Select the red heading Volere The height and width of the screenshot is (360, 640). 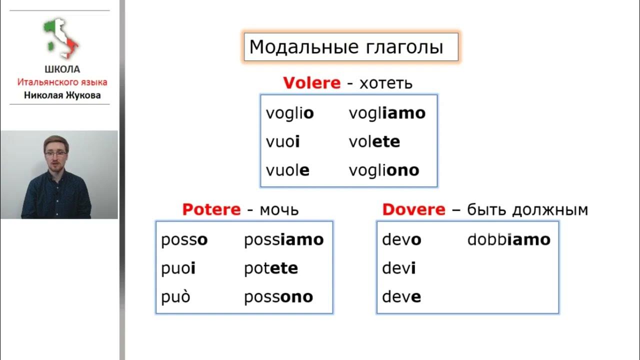pyautogui.click(x=311, y=83)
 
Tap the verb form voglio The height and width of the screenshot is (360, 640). pyautogui.click(x=290, y=113)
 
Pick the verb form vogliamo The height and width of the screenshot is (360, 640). pyautogui.click(x=387, y=113)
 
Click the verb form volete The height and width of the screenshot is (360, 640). pyautogui.click(x=374, y=142)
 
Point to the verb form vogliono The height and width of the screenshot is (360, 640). pyautogui.click(x=384, y=170)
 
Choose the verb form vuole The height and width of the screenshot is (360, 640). pyautogui.click(x=287, y=170)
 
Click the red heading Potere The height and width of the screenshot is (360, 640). pyautogui.click(x=211, y=209)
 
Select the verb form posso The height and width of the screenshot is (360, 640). pyautogui.click(x=184, y=240)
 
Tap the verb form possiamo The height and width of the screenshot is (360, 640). pyautogui.click(x=283, y=240)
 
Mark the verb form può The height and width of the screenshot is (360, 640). pyautogui.click(x=175, y=297)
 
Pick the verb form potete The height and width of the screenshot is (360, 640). pyautogui.click(x=270, y=268)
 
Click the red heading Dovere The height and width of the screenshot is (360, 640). pyautogui.click(x=413, y=209)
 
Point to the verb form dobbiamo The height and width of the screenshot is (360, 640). pyautogui.click(x=508, y=240)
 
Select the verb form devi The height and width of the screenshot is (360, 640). pyautogui.click(x=398, y=268)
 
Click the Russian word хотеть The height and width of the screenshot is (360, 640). pyautogui.click(x=386, y=83)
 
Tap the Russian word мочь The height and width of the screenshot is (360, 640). pyautogui.click(x=279, y=209)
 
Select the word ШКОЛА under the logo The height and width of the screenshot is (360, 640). pyautogui.click(x=62, y=70)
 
